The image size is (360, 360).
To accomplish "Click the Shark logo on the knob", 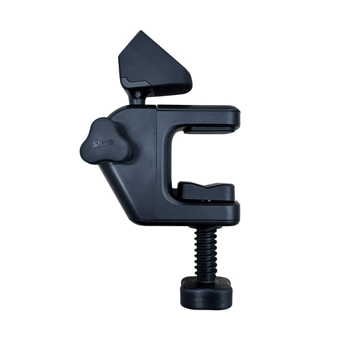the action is pos(103,144).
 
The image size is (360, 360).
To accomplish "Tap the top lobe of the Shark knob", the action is pos(101,126).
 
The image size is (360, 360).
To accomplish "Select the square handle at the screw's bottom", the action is pos(206,294).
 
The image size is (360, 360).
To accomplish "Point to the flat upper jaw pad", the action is pos(209,129).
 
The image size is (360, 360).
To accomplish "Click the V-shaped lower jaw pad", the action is pos(206,191).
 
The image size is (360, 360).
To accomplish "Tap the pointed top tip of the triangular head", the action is pos(140,31).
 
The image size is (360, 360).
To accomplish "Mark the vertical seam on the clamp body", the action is pos(157,163).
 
